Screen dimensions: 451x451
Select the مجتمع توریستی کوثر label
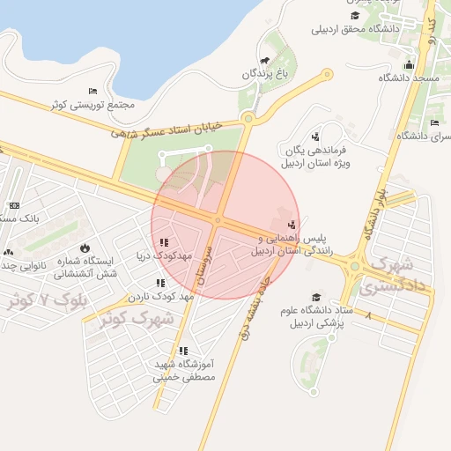click(92, 105)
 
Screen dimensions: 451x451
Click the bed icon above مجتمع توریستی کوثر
click(93, 92)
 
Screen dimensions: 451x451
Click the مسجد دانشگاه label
click(409, 78)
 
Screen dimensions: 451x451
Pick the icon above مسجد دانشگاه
click(409, 64)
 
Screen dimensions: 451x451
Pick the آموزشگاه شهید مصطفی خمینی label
click(183, 370)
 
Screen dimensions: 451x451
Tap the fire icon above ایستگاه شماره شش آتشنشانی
click(85, 248)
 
